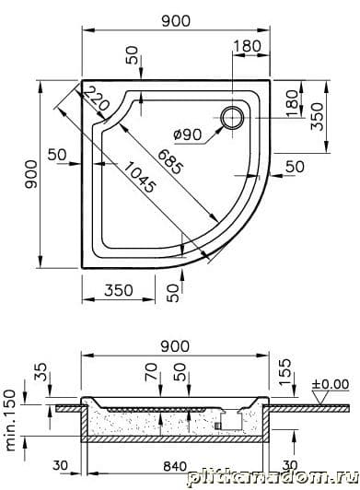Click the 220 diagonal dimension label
[97, 99]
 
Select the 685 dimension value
[169, 161]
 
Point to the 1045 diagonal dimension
[139, 178]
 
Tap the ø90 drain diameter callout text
[188, 134]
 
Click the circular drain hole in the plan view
[232, 118]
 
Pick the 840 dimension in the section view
[175, 466]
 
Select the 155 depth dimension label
[285, 372]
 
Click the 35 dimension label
[41, 372]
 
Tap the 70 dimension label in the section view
[151, 372]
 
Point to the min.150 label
[10, 420]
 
